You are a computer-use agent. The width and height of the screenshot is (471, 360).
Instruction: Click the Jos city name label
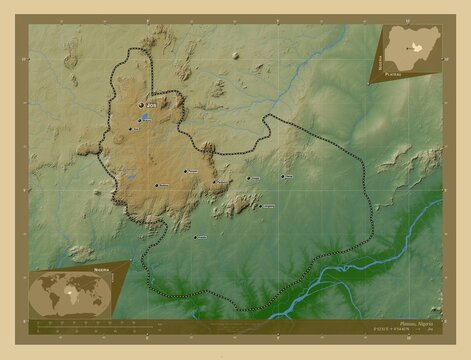pos(151,104)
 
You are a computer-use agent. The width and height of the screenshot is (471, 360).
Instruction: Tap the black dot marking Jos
pos(141,104)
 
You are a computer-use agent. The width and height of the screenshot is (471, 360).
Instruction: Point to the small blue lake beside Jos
pos(146,117)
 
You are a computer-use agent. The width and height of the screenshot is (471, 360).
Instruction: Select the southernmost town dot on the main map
pos(195,237)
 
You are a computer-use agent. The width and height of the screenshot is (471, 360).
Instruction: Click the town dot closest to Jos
pos(128,121)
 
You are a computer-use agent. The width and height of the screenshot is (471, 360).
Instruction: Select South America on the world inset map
pos(57,297)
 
